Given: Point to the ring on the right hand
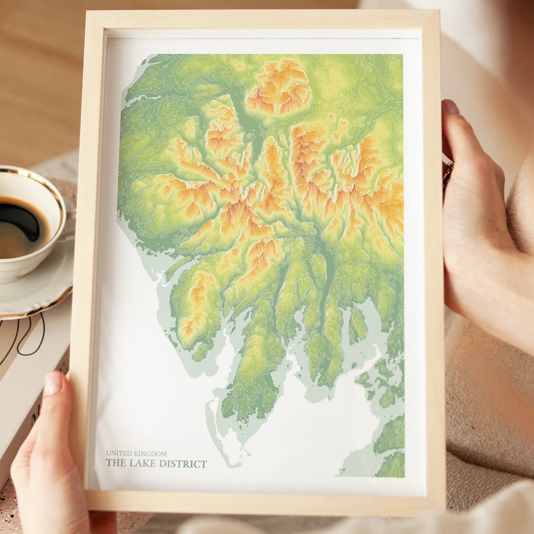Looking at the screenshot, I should tap(447, 172).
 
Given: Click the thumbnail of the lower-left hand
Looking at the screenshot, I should tap(53, 384).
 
